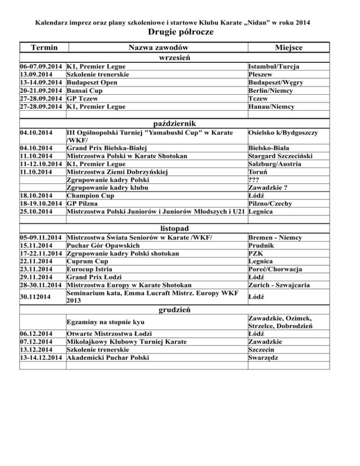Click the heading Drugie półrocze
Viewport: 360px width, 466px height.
click(180, 32)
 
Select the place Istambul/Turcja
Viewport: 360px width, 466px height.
click(275, 67)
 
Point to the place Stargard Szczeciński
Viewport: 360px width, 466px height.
click(282, 156)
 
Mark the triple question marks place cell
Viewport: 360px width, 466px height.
click(255, 180)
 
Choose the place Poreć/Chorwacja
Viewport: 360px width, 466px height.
click(275, 269)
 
